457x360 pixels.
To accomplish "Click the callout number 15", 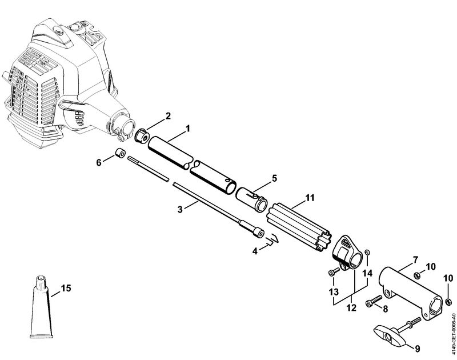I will [x=66, y=289].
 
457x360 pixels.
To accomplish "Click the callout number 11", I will [x=310, y=198].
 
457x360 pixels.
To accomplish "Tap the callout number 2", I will [x=168, y=117].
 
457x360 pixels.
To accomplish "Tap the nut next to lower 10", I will [x=449, y=301].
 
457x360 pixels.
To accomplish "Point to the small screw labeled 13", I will [x=332, y=274].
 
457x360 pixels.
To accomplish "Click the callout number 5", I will [x=274, y=178].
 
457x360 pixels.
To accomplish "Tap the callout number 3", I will [x=180, y=210].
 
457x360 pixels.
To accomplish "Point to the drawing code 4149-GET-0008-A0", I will [x=452, y=323].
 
